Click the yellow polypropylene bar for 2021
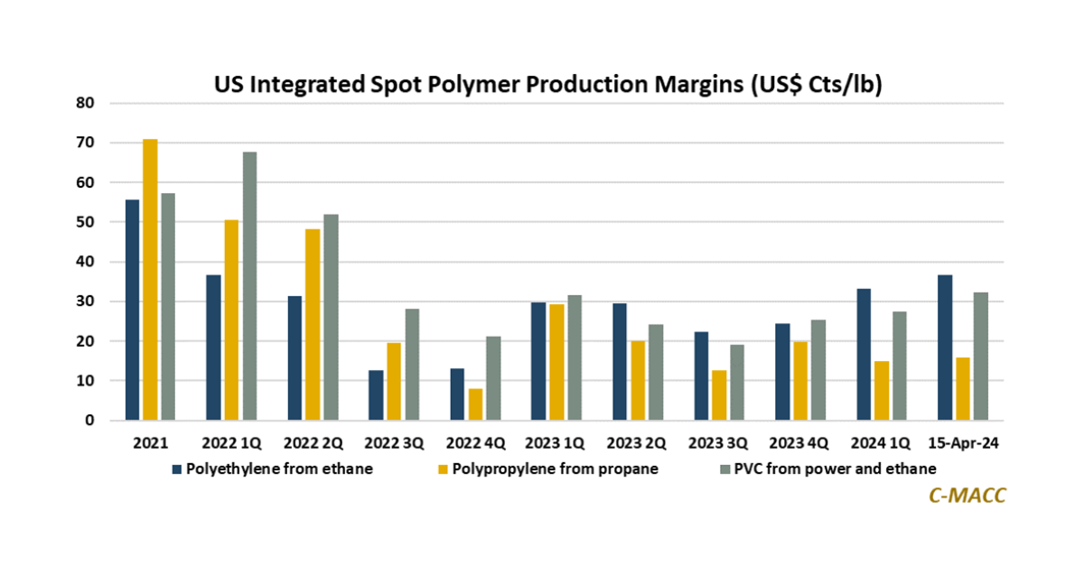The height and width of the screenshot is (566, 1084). coord(150,280)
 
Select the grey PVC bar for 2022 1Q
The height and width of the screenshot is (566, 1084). coord(249,286)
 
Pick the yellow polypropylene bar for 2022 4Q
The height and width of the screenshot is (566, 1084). coord(475,404)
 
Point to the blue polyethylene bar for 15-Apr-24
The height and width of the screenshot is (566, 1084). coord(945,348)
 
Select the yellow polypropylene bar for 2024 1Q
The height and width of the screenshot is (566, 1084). coord(882,391)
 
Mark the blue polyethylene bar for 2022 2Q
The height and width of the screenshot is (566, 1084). coord(294,358)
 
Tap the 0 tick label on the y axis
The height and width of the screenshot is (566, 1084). coord(89,421)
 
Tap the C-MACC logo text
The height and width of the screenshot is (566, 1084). coord(967,495)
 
